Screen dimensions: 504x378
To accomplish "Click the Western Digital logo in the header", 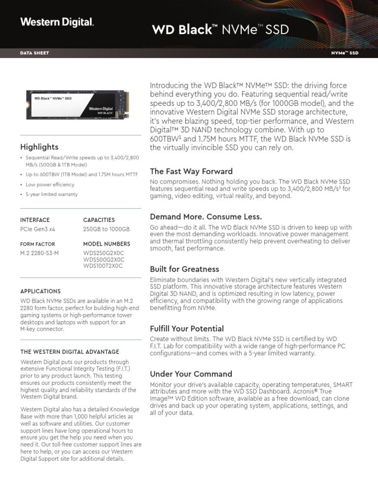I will click(57, 22).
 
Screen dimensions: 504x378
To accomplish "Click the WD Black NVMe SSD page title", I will click(220, 30).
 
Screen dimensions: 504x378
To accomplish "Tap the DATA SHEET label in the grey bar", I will click(34, 53).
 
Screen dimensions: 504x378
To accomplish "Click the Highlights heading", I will click(39, 147).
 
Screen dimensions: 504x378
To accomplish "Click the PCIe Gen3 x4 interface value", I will click(38, 229).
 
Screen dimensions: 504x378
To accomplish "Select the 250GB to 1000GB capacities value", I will click(106, 229).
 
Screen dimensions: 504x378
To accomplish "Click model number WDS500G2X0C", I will click(103, 259).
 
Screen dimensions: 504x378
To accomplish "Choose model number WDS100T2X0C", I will click(103, 266).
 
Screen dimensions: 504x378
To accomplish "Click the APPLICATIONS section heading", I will click(40, 291).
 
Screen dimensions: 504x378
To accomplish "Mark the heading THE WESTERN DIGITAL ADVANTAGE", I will click(69, 352).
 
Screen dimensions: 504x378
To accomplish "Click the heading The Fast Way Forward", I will click(191, 171).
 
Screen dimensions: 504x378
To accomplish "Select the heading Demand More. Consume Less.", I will click(206, 217).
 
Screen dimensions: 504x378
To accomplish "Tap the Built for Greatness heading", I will click(184, 269).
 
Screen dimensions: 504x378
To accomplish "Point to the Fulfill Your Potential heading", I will click(187, 328).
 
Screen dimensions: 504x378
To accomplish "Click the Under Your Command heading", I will click(190, 374).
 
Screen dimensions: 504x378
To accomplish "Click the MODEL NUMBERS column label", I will click(107, 244).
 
